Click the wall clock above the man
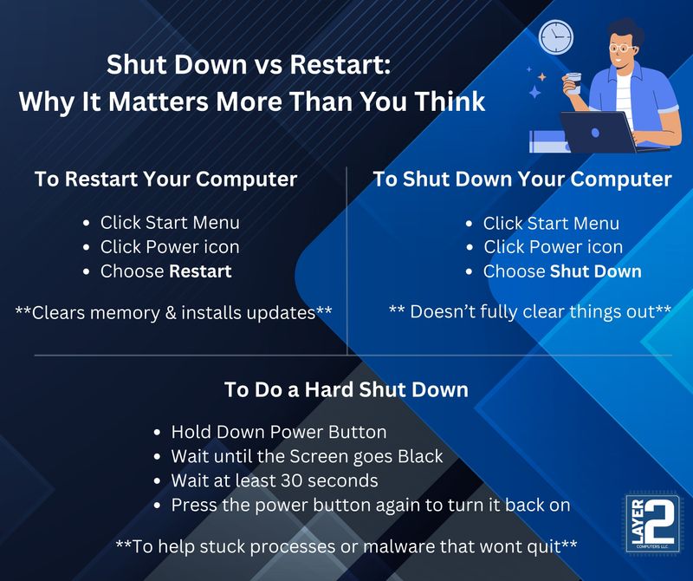point(556,36)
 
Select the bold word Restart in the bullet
point(200,271)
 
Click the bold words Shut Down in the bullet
point(596,271)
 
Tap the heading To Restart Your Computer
point(165,180)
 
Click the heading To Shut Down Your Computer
point(521,180)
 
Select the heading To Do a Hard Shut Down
point(346,390)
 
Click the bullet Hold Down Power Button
point(278,432)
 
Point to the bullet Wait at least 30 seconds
point(274,480)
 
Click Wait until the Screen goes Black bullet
point(307,456)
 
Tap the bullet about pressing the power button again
point(370,505)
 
